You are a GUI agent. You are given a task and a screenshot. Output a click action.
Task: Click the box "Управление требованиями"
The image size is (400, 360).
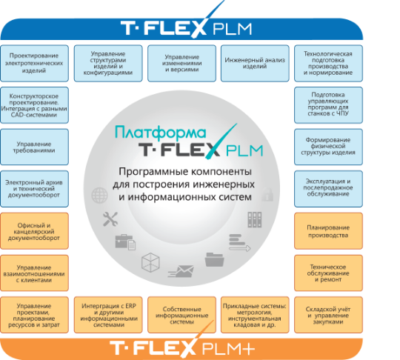point(34,147)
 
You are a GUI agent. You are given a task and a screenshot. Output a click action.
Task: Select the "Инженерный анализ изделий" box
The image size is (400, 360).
point(255,63)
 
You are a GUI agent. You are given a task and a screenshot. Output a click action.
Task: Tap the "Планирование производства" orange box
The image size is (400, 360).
point(328,231)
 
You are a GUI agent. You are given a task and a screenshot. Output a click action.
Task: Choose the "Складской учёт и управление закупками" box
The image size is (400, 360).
point(328,315)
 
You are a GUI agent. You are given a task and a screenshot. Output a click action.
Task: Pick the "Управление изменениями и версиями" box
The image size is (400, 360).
point(181,63)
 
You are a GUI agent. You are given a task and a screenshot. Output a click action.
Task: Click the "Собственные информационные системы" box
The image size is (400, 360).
point(181,315)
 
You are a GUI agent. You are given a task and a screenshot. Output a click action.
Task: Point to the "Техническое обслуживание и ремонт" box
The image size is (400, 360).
point(328,273)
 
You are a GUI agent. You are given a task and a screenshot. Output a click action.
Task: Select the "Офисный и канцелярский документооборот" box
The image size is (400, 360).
point(34,231)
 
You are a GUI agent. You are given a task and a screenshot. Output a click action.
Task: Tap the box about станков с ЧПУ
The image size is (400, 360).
point(328,105)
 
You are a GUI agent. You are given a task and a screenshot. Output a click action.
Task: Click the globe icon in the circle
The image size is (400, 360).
point(99,195)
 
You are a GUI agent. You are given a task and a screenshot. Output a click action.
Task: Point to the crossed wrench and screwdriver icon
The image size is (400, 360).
point(110,219)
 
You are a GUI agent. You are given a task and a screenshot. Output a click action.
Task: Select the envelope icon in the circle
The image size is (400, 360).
point(181,271)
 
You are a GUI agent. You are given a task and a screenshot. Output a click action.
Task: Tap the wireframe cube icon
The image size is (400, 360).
point(150,262)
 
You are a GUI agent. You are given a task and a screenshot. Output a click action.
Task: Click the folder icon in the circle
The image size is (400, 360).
point(214,259)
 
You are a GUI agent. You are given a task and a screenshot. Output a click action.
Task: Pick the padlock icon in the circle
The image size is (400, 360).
point(267,194)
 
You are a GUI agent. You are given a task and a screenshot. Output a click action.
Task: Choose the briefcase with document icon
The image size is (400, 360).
point(125,242)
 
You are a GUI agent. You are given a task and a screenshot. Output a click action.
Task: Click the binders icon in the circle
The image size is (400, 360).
point(255,220)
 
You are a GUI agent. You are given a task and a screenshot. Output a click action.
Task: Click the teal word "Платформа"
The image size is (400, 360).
point(160,133)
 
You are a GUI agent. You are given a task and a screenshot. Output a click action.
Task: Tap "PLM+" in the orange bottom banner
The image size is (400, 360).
point(228,348)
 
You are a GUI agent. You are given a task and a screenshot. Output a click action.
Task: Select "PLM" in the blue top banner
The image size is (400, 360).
point(232,29)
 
